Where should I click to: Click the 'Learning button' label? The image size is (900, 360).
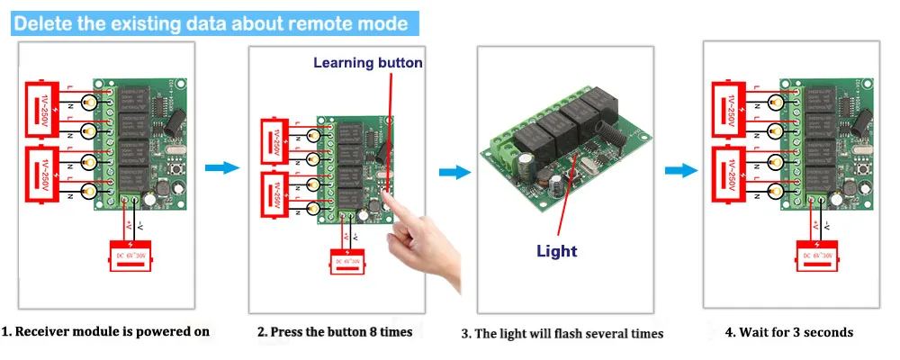coord(367,63)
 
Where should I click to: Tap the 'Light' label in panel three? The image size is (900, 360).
coord(556,251)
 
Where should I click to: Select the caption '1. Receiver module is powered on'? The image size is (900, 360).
coord(105,331)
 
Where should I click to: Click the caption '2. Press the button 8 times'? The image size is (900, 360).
coord(335,332)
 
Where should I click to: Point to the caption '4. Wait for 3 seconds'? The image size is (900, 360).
coord(789,332)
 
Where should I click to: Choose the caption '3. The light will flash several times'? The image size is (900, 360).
coord(562,334)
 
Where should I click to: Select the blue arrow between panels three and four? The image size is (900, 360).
coord(685,170)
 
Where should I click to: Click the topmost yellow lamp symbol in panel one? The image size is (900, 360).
coord(89,101)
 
